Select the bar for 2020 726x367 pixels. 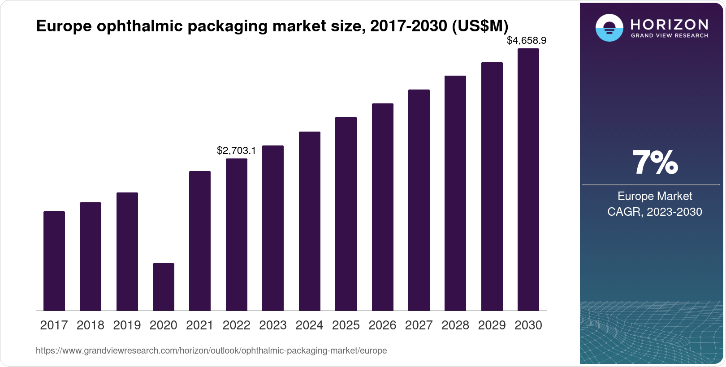[x=163, y=287]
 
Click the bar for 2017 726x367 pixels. [x=54, y=261]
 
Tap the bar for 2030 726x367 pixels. [x=528, y=179]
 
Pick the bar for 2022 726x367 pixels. [x=236, y=235]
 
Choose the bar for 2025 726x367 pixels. [x=346, y=214]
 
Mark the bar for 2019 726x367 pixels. [x=127, y=252]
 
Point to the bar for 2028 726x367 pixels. [x=455, y=193]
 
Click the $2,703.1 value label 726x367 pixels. [x=236, y=151]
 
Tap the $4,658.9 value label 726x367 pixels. [x=526, y=41]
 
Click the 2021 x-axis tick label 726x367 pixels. [x=200, y=325]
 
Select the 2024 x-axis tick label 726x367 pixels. [x=309, y=325]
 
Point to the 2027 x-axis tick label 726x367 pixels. [x=419, y=325]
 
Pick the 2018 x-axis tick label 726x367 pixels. [x=90, y=325]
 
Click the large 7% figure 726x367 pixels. [x=655, y=163]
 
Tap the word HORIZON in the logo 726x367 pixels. [x=669, y=24]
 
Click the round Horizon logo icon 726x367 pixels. [x=609, y=28]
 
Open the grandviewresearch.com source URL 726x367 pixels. [x=211, y=351]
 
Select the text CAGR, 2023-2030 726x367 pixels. [x=654, y=212]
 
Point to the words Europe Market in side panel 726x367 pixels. [x=654, y=196]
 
